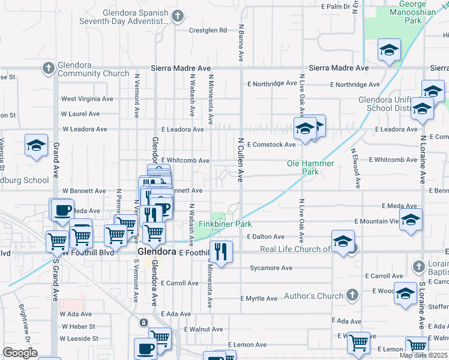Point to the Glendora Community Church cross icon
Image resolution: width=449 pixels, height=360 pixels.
49,67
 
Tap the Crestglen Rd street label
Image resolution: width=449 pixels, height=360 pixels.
208,30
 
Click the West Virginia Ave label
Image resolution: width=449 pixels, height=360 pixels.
87,98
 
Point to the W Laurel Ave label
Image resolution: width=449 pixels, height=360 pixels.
80,113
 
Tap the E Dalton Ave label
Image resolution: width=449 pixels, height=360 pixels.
266,237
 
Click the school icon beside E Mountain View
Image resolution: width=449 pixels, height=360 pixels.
411,220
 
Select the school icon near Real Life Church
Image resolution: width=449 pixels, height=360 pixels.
342,242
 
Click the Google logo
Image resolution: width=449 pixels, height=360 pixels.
20,353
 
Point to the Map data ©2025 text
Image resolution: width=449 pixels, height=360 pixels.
424,355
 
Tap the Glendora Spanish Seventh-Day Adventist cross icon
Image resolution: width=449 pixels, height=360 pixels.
177,16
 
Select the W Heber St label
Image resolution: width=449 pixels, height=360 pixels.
77,326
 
